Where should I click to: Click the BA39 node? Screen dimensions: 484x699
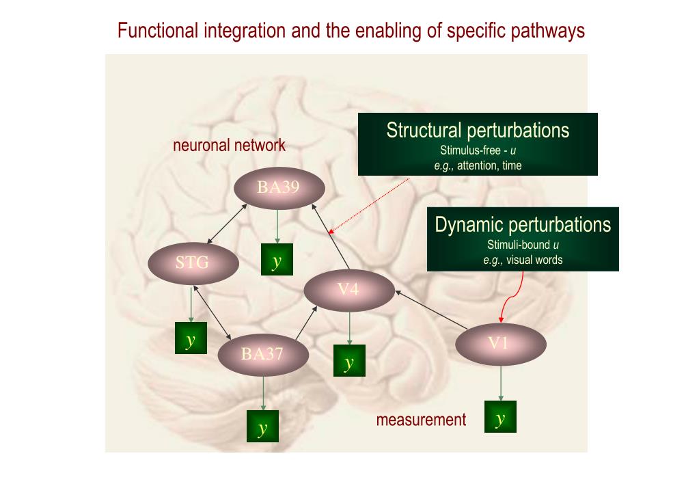point(278,187)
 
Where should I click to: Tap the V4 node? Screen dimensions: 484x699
point(348,289)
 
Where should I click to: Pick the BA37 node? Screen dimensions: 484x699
point(262,354)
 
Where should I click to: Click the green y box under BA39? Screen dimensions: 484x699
point(277,260)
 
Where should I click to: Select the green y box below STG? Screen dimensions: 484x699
point(191,340)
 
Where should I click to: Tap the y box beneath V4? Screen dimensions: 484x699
point(349,360)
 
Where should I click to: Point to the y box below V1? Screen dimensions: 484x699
point(500,416)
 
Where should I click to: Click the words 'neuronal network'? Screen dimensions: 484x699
point(229,145)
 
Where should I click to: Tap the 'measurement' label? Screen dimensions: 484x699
point(421,420)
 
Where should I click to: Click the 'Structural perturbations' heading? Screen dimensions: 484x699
point(478,130)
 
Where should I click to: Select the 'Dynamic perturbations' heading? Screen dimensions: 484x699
point(523,224)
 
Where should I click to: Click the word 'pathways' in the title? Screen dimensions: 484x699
point(550,31)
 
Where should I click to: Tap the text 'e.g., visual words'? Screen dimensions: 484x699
point(523,260)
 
